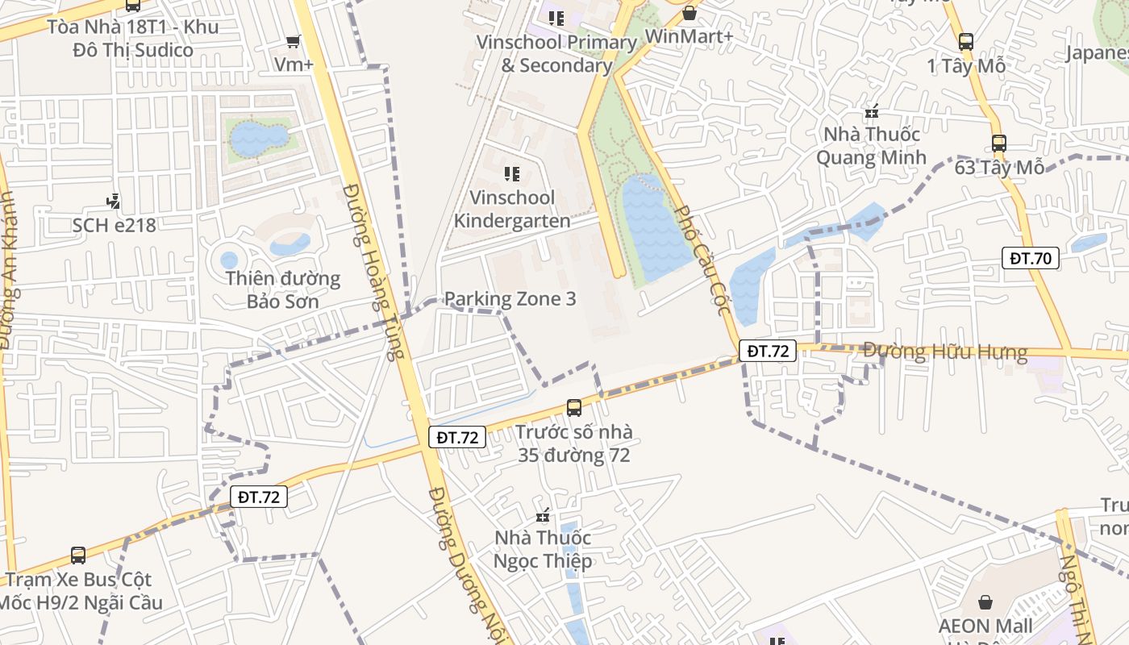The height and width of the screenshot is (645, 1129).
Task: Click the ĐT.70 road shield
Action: point(1031,259)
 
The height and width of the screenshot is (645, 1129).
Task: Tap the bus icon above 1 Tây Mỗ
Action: point(966,42)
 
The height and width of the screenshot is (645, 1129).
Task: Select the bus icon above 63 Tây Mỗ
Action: point(999,144)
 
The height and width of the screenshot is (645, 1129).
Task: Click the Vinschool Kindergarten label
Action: point(512,209)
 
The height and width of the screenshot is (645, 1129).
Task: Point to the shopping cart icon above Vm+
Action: point(294,41)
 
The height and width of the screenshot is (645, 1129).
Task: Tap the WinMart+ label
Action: point(689,36)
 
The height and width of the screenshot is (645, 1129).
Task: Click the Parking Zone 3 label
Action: point(510,299)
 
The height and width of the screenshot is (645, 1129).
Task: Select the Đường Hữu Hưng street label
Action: point(945,352)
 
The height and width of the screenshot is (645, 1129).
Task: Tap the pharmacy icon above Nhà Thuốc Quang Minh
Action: point(871,111)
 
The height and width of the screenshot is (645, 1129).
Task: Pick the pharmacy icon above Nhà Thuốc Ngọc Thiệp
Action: point(544,515)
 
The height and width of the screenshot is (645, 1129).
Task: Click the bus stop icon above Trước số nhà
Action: point(574,408)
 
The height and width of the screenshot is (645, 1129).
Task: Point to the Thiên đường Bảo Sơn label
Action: point(282,290)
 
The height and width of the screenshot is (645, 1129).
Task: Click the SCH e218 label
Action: point(114,225)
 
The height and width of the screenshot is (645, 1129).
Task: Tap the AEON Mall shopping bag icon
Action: point(985,602)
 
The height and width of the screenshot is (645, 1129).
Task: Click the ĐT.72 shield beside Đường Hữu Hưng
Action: point(768,351)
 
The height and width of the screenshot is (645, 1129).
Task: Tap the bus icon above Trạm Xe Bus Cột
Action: point(78,556)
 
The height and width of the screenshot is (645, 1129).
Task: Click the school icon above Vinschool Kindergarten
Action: point(511,173)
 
